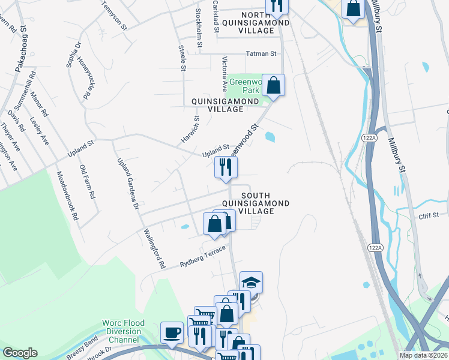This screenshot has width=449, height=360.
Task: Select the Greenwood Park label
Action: point(246,85)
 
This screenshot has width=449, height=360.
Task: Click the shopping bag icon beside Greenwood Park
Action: point(273,85)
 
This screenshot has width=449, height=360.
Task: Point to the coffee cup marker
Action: point(172,332)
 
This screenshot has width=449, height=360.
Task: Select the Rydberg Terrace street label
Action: point(202,257)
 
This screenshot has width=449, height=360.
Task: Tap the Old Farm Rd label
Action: point(86,180)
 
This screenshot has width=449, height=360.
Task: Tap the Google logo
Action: point(20,352)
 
